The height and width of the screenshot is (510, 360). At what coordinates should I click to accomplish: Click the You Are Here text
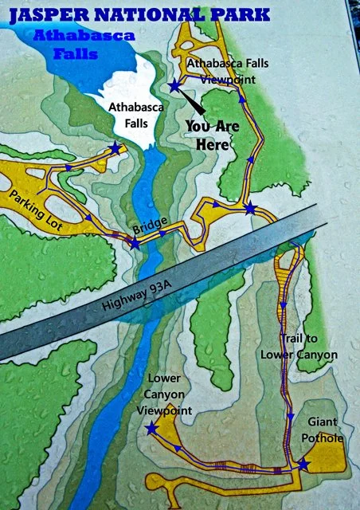click(207, 135)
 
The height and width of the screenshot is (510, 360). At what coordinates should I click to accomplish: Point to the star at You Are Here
click(174, 85)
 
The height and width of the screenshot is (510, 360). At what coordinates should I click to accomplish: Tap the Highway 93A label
click(128, 300)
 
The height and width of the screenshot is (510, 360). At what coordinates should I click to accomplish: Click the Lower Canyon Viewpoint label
click(176, 394)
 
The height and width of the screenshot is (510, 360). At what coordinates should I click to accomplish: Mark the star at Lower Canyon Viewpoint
click(151, 429)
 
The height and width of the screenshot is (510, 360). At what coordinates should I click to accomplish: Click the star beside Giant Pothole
click(303, 464)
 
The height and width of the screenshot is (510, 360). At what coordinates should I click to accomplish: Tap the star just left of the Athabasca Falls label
click(116, 147)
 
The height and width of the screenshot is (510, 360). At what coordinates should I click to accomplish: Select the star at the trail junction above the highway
click(250, 209)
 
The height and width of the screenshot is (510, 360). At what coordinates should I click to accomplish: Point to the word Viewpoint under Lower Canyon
click(176, 410)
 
